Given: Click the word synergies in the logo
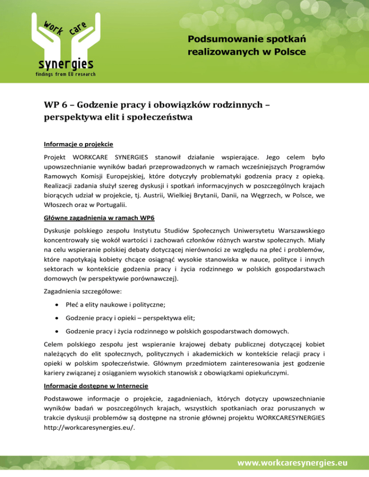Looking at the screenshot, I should (x=66, y=64).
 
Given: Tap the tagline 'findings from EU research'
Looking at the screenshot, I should (x=65, y=74).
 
